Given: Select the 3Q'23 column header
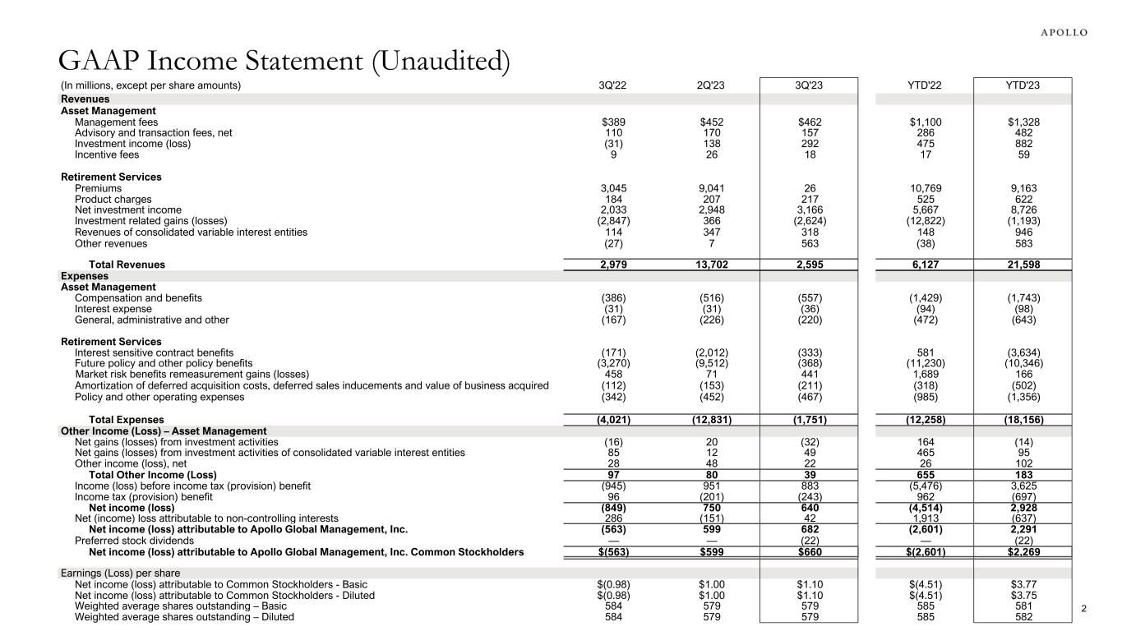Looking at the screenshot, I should pos(809,85).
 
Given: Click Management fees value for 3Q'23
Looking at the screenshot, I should pos(809,122).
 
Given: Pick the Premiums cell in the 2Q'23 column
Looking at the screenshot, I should pos(709,188).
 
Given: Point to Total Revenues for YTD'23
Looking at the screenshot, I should pos(1022,265).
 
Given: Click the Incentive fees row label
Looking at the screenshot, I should pos(107,154).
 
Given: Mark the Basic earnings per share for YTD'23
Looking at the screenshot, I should pos(1022,585).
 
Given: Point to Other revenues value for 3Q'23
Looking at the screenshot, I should pos(809,243).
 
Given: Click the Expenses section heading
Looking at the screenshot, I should pos(85,276).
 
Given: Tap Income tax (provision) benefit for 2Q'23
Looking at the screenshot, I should pos(709,497).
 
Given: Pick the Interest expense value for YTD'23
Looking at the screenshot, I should pos(1022,309).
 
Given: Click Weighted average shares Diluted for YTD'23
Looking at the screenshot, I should pos(1022,616).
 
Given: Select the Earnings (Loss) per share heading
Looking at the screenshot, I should pos(121,573).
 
